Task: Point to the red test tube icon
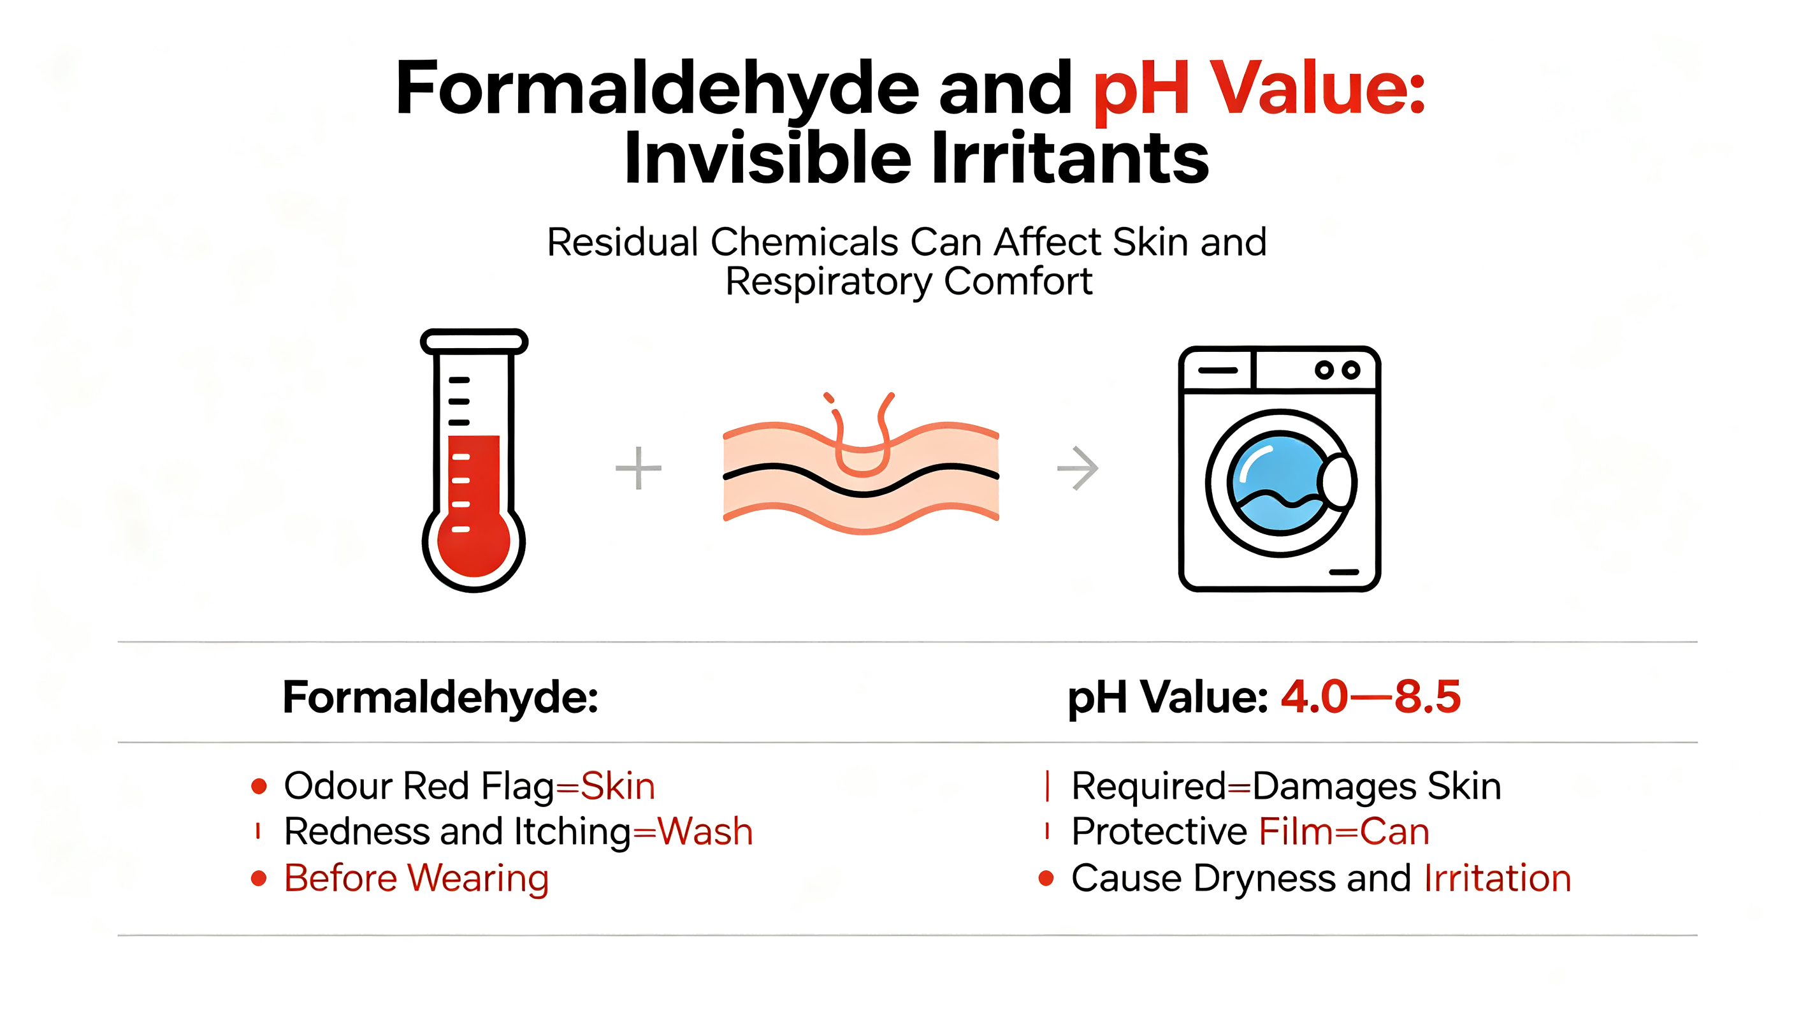tap(474, 460)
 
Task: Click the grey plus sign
tap(639, 467)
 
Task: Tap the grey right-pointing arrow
tap(1078, 467)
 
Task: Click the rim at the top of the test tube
tap(474, 342)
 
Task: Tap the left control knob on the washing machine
tap(1324, 370)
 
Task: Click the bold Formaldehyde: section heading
tap(440, 697)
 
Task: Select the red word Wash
tap(705, 831)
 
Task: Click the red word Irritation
tap(1497, 878)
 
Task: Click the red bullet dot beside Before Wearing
tap(259, 878)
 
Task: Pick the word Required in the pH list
tap(1149, 787)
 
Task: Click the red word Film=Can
tap(1344, 831)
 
